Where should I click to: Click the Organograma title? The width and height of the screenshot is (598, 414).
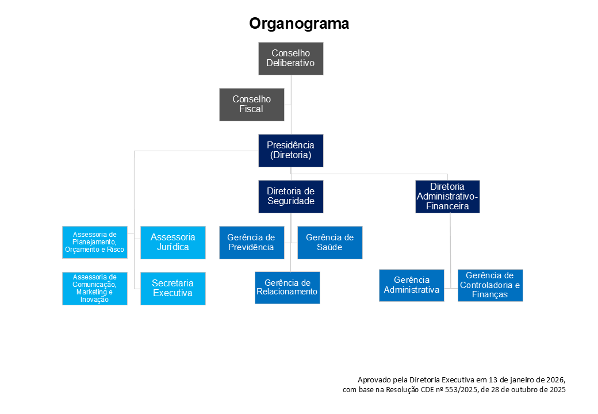[x=298, y=24]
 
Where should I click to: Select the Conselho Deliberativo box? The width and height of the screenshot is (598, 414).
[x=290, y=58]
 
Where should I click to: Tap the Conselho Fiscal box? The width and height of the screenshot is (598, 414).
[x=251, y=104]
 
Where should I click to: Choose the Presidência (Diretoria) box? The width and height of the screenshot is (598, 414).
[x=290, y=150]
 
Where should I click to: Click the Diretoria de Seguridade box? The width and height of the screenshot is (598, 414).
[x=290, y=196]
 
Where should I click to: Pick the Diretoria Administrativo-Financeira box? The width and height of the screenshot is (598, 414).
[x=447, y=196]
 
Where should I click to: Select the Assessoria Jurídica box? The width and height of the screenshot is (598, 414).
[x=172, y=242]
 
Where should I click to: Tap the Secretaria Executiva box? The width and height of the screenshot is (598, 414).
[x=172, y=288]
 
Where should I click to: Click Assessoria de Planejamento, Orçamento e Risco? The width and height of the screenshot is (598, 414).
[x=94, y=242]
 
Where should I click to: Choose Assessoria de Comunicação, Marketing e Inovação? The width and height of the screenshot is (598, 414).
[x=94, y=288]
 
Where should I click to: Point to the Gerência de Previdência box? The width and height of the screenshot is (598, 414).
[x=251, y=242]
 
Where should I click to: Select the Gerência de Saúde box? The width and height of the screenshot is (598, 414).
[x=329, y=242]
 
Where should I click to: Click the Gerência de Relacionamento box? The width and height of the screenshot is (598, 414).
[x=287, y=287]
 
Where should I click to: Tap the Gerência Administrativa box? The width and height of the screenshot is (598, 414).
[x=411, y=285]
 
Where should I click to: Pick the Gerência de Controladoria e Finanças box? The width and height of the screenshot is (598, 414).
[x=490, y=285]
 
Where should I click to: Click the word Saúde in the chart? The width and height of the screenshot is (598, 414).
[x=329, y=247]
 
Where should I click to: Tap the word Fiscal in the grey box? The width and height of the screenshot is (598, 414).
[x=251, y=109]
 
